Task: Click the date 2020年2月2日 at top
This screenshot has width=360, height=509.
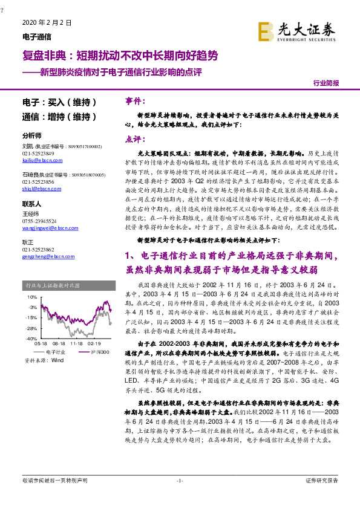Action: (47, 22)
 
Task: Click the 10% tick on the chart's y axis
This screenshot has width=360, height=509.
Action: (32, 297)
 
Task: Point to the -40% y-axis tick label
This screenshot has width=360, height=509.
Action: (31, 339)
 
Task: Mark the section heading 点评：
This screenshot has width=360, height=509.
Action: (135, 138)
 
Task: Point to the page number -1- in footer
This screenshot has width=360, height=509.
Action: (179, 481)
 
